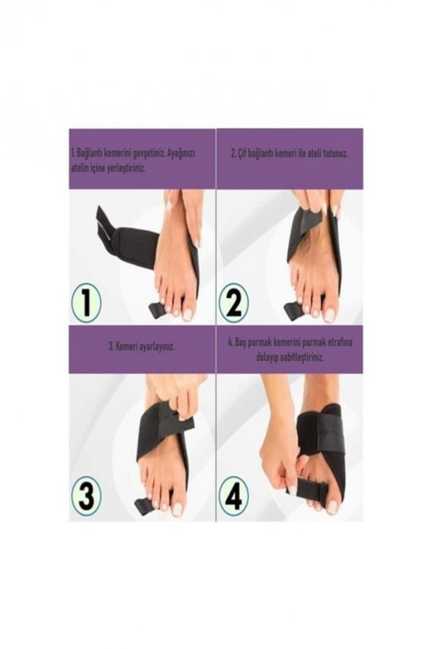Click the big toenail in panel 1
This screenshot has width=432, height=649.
[188, 314]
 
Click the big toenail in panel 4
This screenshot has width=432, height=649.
[333, 506]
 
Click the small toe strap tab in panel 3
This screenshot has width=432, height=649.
[142, 504]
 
